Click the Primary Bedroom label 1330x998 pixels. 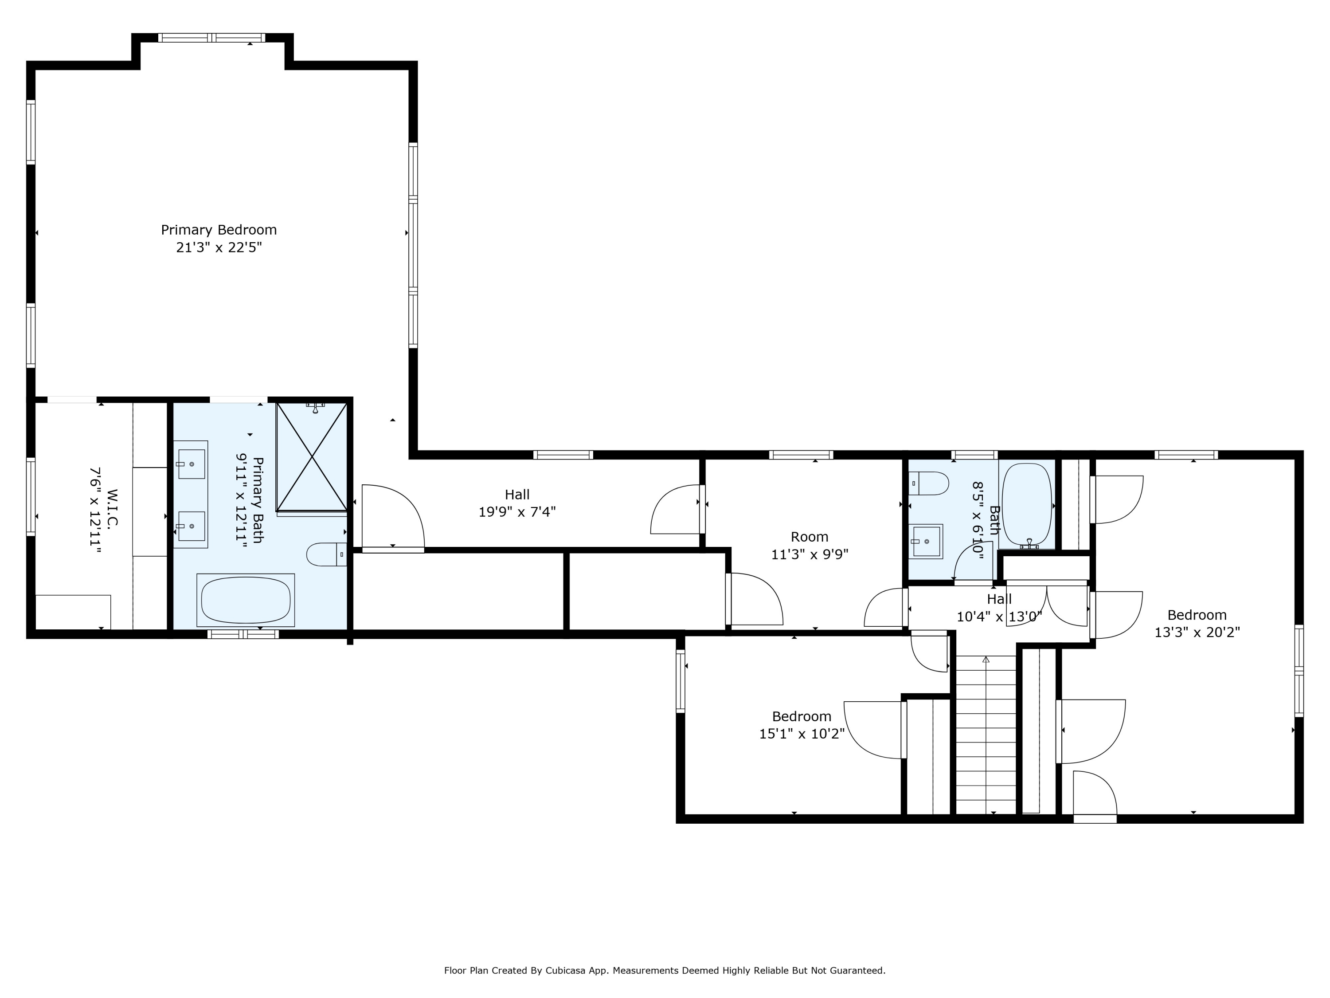coord(219,230)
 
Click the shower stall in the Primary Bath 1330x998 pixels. coord(312,457)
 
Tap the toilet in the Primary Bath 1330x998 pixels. coord(326,554)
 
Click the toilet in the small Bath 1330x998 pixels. coord(928,483)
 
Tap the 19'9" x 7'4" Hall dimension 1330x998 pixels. coord(517,512)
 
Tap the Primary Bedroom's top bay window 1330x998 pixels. coord(211,38)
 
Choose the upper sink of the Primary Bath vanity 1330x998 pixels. coord(191,464)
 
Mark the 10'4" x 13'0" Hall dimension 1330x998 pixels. coord(999,617)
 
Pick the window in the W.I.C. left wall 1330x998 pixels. coord(31,496)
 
